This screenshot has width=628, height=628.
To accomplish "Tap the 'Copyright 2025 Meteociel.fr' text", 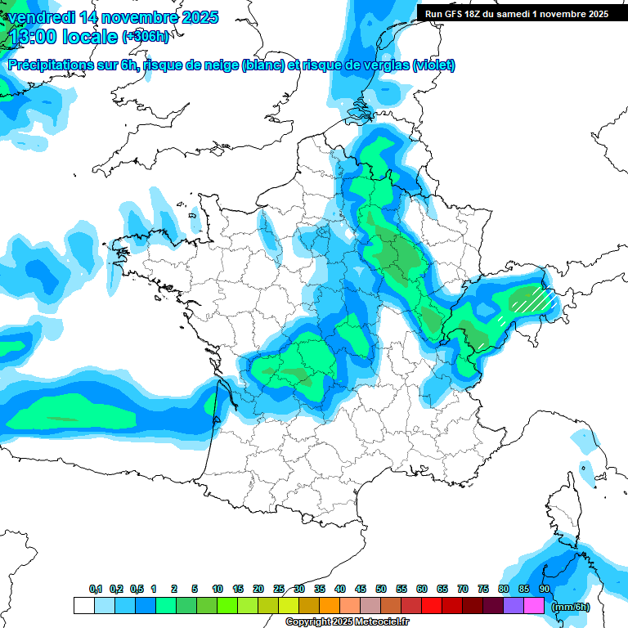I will [x=348, y=622].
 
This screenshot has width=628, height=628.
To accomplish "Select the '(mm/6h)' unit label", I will [x=571, y=607].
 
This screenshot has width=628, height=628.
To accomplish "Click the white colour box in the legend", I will [x=83, y=606].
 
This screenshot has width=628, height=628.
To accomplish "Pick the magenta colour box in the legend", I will [x=534, y=606].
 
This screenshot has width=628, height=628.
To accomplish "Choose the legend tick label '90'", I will [x=545, y=590].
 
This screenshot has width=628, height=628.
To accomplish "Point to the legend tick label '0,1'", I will [x=96, y=590].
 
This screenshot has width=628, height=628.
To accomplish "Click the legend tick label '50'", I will [x=381, y=590].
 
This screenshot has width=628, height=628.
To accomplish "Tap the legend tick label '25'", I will [x=279, y=590].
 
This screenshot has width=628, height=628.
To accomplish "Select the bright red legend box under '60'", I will [x=432, y=606].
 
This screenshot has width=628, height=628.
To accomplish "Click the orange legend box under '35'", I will [x=330, y=606].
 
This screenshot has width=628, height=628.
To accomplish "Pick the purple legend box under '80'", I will [x=514, y=606].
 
